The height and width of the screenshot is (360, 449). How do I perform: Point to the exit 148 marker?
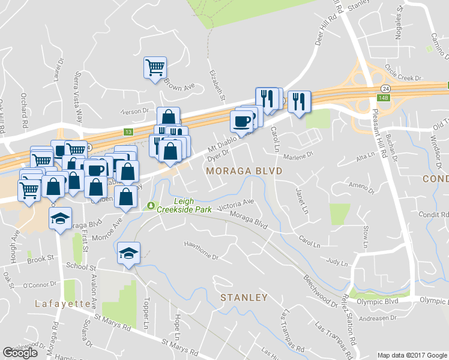382,97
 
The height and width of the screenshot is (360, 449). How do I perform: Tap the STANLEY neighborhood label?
243,298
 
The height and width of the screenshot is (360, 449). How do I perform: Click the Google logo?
20,353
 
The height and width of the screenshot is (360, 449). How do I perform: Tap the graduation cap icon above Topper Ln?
129,252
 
